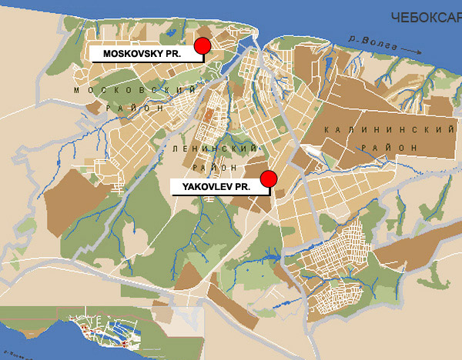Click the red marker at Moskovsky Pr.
[203, 47]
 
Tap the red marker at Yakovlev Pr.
[269, 180]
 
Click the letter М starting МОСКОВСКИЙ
[78, 91]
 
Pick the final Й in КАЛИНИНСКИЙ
[450, 130]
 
